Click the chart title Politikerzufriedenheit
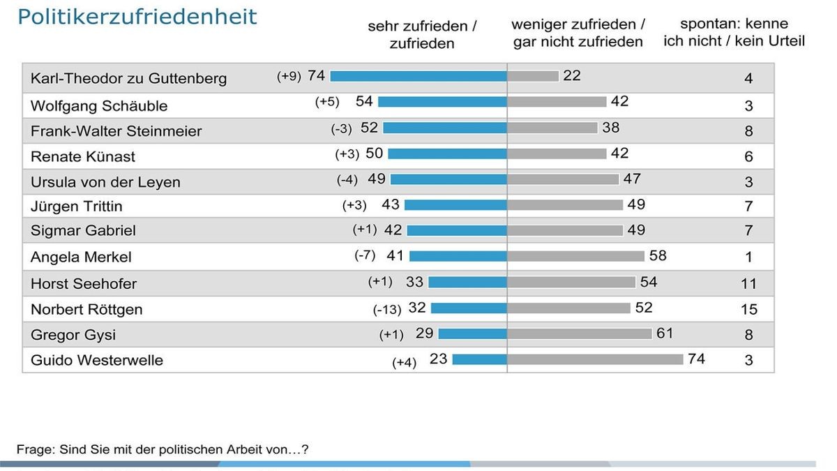[137, 17]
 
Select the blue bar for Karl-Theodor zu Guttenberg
[418, 76]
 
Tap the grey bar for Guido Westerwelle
[595, 359]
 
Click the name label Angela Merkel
[81, 257]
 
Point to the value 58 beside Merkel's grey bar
[658, 255]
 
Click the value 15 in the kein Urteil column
[748, 309]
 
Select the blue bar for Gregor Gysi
[472, 334]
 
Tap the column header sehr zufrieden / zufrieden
[422, 35]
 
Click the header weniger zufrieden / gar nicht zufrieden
[578, 33]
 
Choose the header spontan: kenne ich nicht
[734, 33]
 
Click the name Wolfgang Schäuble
[99, 106]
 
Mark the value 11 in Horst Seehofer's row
[748, 284]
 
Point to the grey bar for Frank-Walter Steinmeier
[552, 128]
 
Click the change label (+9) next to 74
[289, 76]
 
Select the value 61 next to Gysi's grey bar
[665, 334]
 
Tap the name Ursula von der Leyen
[105, 182]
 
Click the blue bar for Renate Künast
[447, 154]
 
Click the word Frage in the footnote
[34, 449]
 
